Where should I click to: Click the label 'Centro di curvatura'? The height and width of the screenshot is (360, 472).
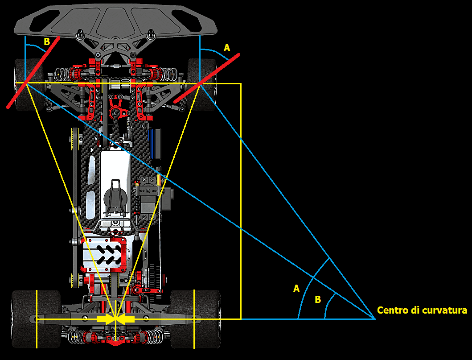click(x=422, y=310)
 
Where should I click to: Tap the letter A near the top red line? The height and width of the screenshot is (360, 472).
click(x=227, y=48)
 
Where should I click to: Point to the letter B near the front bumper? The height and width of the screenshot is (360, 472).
click(x=47, y=41)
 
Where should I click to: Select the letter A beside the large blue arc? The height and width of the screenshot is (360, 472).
click(x=296, y=289)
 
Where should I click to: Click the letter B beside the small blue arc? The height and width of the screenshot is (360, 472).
click(x=318, y=299)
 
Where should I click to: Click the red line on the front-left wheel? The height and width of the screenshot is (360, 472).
click(x=33, y=72)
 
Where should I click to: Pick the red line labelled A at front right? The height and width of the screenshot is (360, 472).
click(x=207, y=79)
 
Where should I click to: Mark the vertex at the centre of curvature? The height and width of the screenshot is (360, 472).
click(x=375, y=319)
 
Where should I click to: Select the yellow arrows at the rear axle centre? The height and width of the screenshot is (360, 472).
click(x=115, y=319)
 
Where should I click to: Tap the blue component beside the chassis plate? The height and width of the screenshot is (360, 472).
click(x=155, y=144)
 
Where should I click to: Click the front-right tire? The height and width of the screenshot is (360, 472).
click(x=202, y=84)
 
